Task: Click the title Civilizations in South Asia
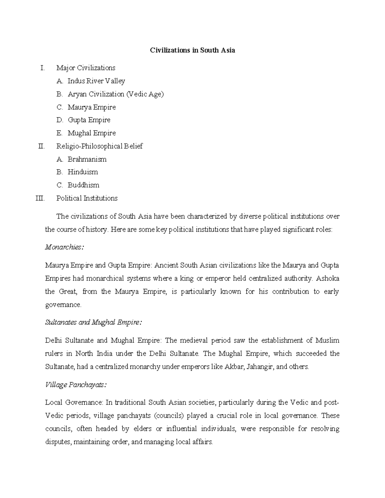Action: coord(193,50)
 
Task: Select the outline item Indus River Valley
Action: coord(96,81)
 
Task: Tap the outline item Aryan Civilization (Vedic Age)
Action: coord(116,94)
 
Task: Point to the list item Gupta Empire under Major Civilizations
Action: coord(89,120)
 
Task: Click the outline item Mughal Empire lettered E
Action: coord(91,133)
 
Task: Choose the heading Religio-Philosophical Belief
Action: coord(99,146)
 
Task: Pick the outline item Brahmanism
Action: coord(87,159)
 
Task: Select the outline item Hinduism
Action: coord(83,172)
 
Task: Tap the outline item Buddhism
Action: coord(83,185)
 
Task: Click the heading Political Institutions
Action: coord(87,198)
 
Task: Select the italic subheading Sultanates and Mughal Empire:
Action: coord(93,323)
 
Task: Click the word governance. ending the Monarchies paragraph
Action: coord(64,305)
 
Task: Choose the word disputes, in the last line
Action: coord(58,442)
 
